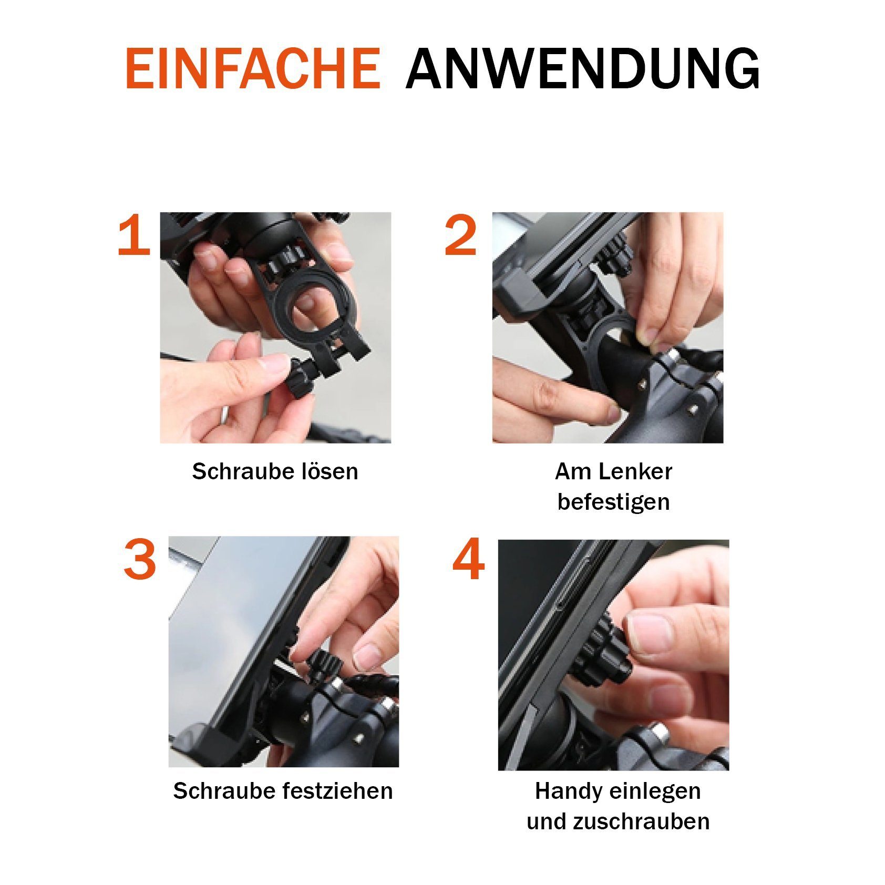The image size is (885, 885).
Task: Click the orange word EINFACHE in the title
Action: (x=253, y=68)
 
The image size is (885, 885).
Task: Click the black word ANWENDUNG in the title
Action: (x=582, y=68)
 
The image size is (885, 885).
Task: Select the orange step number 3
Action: (x=140, y=561)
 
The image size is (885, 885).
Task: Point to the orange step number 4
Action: (x=468, y=561)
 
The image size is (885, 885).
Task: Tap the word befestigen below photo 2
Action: (x=614, y=502)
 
